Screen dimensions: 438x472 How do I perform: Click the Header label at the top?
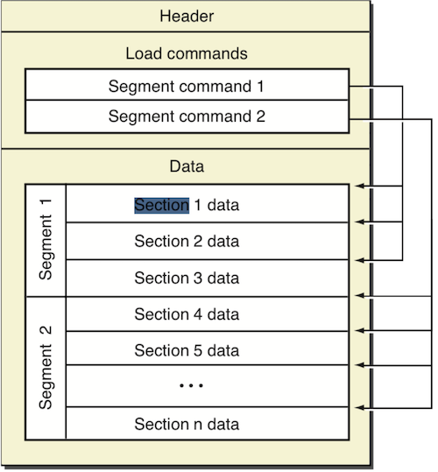tap(187, 16)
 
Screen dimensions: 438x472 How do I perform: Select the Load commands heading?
tap(187, 53)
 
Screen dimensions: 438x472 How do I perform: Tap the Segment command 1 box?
tap(187, 85)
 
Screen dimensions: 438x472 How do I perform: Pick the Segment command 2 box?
tap(187, 116)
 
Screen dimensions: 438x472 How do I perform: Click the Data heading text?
tap(187, 166)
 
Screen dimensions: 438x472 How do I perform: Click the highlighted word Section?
tap(162, 205)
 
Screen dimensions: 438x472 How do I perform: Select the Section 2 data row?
tap(208, 241)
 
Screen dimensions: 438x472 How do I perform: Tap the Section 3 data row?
tap(208, 278)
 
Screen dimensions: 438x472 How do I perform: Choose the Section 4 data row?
tap(208, 314)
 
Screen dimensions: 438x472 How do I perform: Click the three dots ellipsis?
tap(191, 385)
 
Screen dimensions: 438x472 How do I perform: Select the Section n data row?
tap(208, 424)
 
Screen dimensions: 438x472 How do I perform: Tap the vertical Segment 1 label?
tap(46, 239)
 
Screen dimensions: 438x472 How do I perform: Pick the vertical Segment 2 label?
tap(46, 367)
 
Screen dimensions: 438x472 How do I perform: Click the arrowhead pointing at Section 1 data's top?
tap(360, 186)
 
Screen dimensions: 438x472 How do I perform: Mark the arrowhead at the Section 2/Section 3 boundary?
tap(360, 260)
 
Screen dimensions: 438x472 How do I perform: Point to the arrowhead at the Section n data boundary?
tap(360, 408)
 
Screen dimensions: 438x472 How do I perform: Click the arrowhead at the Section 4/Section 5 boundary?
tap(360, 331)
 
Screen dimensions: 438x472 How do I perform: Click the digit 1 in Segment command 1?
tap(260, 87)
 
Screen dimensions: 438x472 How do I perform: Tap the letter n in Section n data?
tap(198, 425)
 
